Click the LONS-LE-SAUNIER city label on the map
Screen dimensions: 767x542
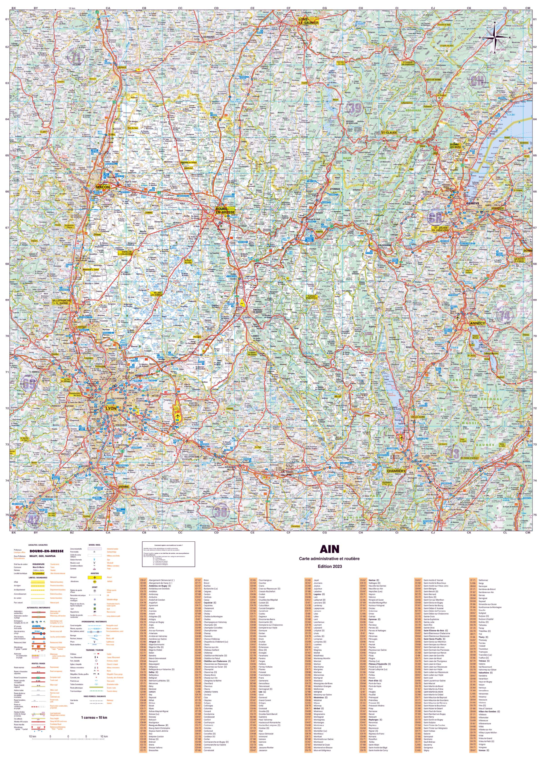click(x=308, y=21)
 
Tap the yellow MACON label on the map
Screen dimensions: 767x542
click(x=103, y=187)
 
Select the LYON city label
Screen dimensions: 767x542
click(x=111, y=408)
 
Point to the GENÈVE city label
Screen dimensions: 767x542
click(x=473, y=203)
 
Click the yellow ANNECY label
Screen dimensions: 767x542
click(x=478, y=323)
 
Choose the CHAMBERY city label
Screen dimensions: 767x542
click(x=396, y=471)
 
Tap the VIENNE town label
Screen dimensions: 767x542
click(x=124, y=487)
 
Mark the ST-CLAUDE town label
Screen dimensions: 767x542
click(x=389, y=133)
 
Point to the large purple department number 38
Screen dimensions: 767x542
click(x=220, y=511)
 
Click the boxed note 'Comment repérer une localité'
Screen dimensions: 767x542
click(x=168, y=554)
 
